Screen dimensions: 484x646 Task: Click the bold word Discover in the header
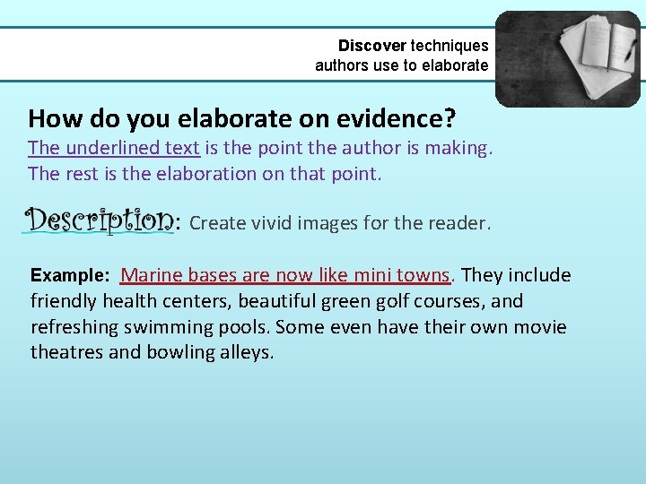[x=371, y=45]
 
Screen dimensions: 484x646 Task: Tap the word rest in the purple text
[x=83, y=173]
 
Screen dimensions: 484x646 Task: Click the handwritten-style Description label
[x=98, y=220]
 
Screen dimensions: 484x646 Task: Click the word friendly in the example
[x=65, y=301]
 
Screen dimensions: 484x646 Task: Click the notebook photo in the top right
[x=568, y=58]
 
